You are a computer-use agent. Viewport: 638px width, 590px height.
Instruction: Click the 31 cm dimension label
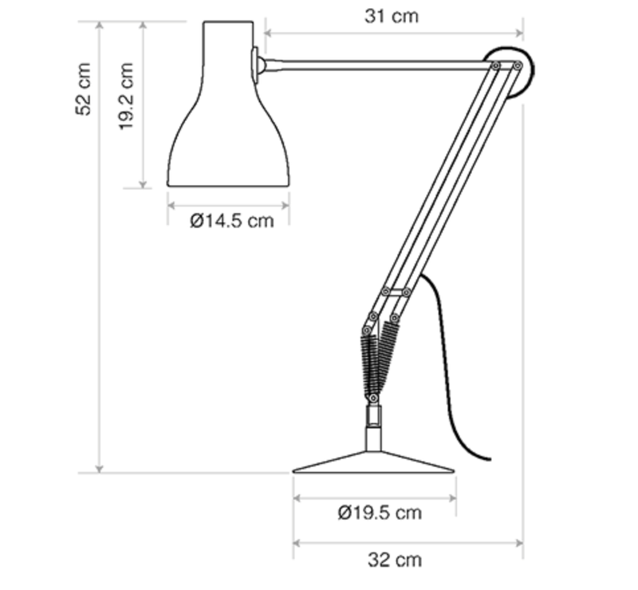(392, 15)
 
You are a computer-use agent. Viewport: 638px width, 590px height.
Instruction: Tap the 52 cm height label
(84, 88)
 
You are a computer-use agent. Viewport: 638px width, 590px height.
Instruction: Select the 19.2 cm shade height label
(128, 96)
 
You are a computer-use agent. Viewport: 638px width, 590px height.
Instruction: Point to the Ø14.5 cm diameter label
(232, 220)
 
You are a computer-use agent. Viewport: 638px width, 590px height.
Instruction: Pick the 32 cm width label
(395, 560)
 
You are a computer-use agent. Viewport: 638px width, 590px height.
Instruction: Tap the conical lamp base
(373, 462)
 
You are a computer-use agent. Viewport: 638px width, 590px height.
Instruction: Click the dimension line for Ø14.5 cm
(228, 204)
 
